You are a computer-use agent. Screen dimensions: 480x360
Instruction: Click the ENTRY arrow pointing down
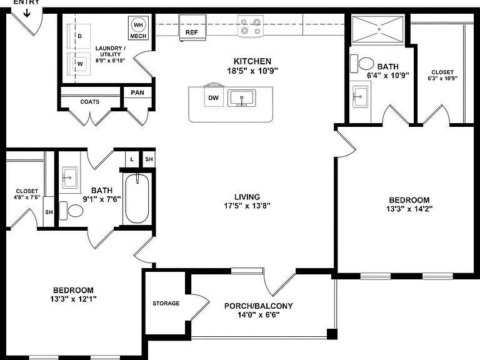[27, 13]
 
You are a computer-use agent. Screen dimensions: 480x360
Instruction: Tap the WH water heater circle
[138, 25]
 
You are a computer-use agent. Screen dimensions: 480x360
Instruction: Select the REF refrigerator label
[192, 32]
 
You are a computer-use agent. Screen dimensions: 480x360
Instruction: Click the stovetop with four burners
[251, 26]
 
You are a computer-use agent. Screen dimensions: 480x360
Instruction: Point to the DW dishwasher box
[214, 97]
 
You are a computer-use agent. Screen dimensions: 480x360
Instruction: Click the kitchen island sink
[241, 98]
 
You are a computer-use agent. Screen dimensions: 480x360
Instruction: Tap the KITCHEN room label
[252, 61]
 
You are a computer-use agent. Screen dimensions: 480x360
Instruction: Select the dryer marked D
[79, 36]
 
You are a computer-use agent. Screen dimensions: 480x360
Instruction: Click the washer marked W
[79, 64]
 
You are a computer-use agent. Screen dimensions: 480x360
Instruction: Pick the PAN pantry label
[137, 92]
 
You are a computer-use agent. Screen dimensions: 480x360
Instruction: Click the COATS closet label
[90, 102]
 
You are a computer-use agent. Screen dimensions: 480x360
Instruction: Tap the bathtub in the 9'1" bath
[137, 198]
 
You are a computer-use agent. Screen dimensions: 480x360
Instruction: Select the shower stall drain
[379, 29]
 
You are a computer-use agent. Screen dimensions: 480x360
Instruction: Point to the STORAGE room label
[166, 303]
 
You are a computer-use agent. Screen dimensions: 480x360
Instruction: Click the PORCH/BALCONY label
[258, 306]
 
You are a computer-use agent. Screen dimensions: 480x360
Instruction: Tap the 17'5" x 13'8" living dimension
[247, 206]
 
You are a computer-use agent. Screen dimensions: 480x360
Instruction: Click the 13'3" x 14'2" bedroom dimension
[409, 209]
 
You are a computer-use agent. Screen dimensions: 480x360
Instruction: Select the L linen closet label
[132, 159]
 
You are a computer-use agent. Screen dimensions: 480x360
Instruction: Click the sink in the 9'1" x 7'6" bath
[70, 177]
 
